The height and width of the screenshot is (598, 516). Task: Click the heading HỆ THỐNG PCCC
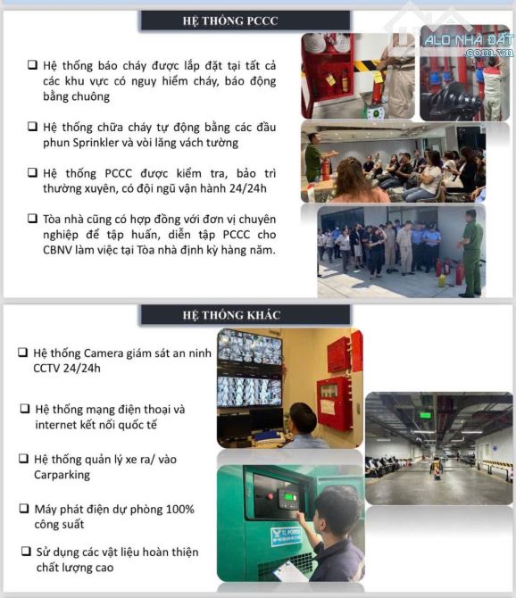click(230, 21)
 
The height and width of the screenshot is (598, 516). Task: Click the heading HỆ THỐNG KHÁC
click(231, 315)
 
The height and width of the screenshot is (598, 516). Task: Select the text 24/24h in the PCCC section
click(248, 188)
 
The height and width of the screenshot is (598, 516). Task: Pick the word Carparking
click(62, 475)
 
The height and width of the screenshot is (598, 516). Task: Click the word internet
click(54, 425)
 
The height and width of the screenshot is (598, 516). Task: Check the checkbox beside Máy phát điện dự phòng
click(24, 509)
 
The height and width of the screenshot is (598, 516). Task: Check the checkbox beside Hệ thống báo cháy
click(32, 64)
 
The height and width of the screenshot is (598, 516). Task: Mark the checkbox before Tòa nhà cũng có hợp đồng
click(32, 219)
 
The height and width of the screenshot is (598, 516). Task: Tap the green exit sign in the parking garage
click(425, 415)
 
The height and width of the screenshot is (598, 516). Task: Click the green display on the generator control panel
click(291, 496)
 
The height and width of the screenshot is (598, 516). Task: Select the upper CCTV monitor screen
click(250, 348)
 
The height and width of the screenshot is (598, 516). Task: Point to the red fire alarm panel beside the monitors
click(333, 403)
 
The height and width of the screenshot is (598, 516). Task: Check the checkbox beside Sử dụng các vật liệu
click(26, 551)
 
